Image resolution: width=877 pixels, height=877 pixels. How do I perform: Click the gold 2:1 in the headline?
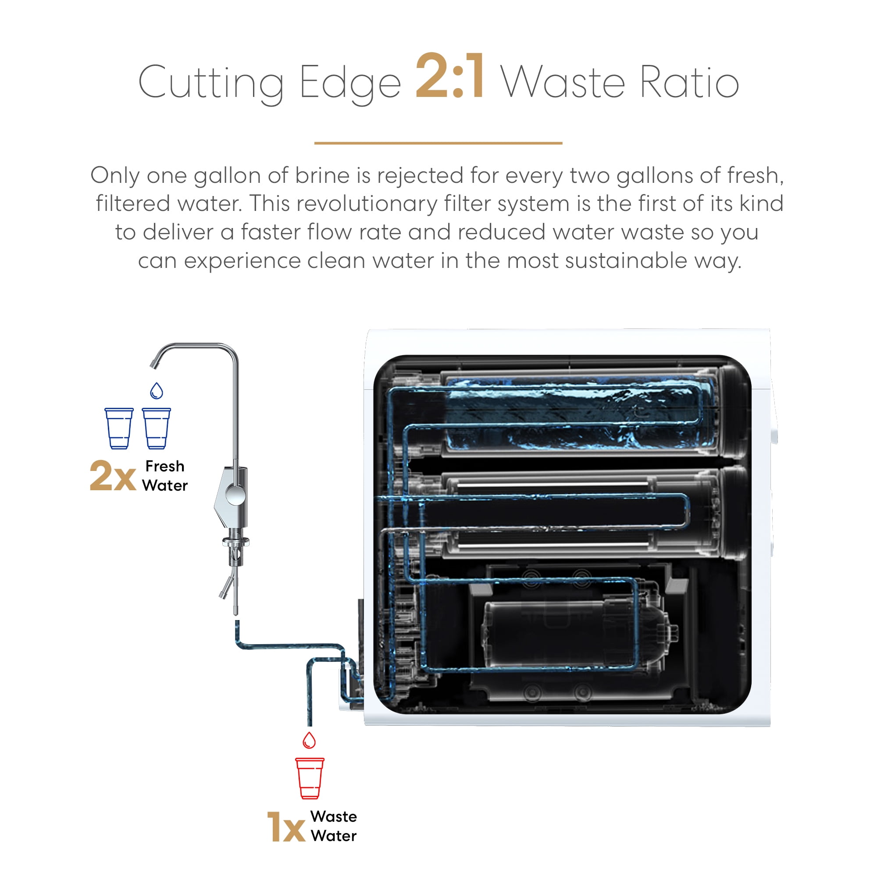450,76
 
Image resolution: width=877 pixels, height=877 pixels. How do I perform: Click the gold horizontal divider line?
438,143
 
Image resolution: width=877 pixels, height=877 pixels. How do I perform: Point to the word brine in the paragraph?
322,176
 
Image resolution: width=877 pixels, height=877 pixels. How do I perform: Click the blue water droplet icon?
157,390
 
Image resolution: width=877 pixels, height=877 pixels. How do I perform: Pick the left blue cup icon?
119,428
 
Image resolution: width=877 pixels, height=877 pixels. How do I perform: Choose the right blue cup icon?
157,428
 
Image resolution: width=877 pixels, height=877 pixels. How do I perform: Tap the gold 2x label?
113,476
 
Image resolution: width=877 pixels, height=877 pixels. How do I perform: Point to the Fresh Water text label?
165,476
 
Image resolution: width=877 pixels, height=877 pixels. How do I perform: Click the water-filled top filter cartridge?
581,413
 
